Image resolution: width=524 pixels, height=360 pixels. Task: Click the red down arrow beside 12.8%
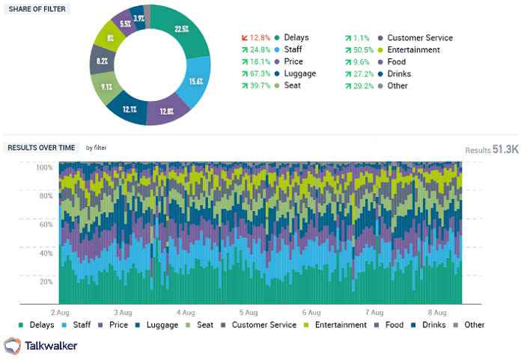[x=245, y=38]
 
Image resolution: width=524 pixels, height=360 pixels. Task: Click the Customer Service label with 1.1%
[x=420, y=38]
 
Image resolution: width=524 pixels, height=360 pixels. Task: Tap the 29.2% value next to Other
[x=362, y=86]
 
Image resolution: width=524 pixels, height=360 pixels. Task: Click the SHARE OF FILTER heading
[x=37, y=8]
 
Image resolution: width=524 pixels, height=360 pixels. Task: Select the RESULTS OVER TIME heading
[x=41, y=147]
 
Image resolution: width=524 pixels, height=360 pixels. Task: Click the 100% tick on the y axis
[x=45, y=167]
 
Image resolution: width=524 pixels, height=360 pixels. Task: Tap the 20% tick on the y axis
[x=46, y=281]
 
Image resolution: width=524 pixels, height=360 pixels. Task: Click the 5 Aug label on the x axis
[x=249, y=311]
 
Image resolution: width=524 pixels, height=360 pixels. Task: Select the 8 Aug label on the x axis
[x=436, y=311]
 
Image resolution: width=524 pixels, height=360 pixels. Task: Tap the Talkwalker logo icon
[x=13, y=345]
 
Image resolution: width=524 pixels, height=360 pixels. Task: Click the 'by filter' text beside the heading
[x=96, y=148]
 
